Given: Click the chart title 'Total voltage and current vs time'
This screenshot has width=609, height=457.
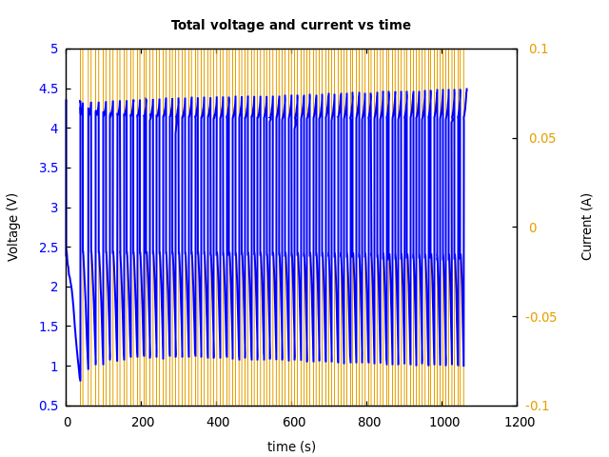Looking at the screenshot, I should [x=291, y=26].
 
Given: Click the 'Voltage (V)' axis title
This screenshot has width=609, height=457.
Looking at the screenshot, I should [x=13, y=227].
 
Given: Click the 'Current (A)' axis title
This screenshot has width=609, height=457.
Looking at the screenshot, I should [x=588, y=227].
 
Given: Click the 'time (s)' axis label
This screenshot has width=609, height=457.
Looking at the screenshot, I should [x=291, y=447].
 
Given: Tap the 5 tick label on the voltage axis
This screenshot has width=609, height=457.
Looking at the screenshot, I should [x=54, y=49].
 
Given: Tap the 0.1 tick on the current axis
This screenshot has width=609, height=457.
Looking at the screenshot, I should [x=539, y=49].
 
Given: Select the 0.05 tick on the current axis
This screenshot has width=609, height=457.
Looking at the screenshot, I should [x=542, y=138].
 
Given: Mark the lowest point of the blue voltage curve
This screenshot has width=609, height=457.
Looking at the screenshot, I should [x=80, y=380].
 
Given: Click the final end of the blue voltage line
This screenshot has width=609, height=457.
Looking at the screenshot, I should [x=466, y=89].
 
